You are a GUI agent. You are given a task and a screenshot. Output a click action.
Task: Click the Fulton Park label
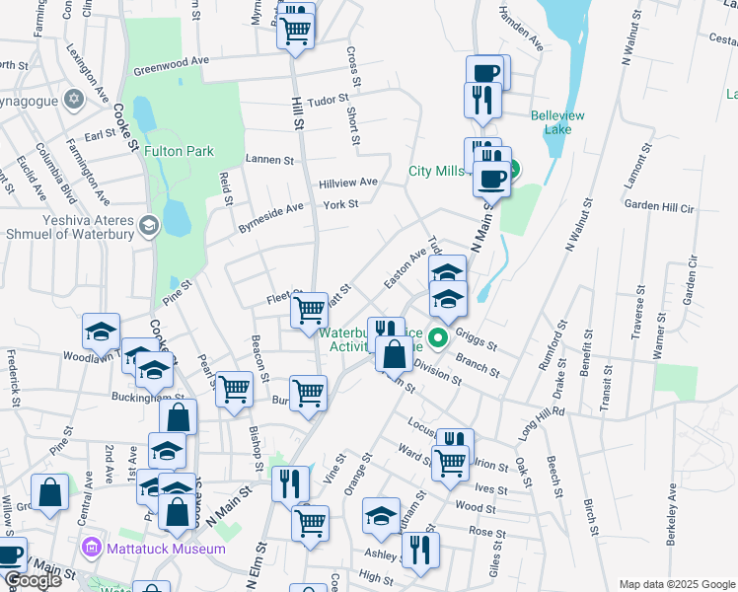pyautogui.click(x=179, y=152)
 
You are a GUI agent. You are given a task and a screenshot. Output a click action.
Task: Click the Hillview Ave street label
pyautogui.click(x=348, y=183)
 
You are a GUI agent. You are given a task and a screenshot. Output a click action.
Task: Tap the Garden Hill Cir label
pyautogui.click(x=660, y=207)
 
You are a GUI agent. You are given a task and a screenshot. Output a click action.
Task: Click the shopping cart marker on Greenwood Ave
pyautogui.click(x=295, y=31)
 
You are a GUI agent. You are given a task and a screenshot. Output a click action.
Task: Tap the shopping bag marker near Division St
pyautogui.click(x=394, y=352)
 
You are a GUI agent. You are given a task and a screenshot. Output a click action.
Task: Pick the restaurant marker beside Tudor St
pyautogui.click(x=482, y=99)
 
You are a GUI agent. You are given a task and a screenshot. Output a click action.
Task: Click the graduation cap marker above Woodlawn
pyautogui.click(x=101, y=332)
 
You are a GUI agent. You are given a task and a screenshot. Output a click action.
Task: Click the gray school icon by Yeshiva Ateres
pyautogui.click(x=148, y=225)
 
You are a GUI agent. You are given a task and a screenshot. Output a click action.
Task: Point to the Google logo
pyautogui.click(x=33, y=581)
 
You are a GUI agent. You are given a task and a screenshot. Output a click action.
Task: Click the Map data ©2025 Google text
pyautogui.click(x=676, y=584)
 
